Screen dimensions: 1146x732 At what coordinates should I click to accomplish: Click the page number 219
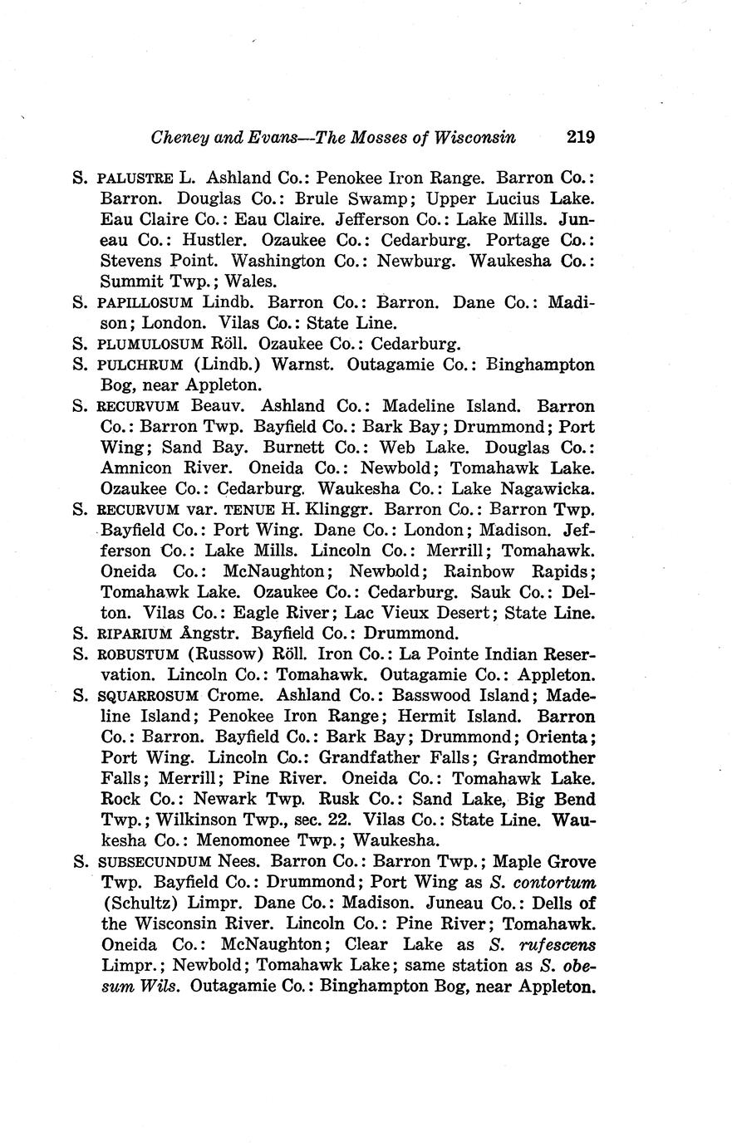[580, 137]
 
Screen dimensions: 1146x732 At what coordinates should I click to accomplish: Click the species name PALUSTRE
[135, 179]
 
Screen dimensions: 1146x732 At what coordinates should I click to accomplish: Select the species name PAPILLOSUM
[145, 303]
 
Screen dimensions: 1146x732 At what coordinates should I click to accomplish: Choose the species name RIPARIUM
[135, 634]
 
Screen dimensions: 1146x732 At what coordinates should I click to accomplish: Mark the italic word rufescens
[558, 945]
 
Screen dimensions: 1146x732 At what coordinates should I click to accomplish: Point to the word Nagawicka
[549, 489]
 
